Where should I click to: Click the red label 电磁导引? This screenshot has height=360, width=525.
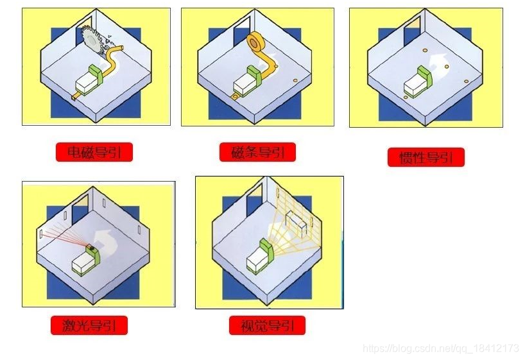pos(94,152)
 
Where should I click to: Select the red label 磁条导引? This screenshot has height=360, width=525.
pos(257,152)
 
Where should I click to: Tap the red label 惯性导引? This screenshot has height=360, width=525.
pos(426,157)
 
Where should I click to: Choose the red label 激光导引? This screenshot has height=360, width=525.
pos(89,325)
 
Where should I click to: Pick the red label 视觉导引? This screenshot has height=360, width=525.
pos(267,325)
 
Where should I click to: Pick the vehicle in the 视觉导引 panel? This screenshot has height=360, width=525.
pos(260,256)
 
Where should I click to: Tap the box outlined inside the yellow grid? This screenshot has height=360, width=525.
pos(296,224)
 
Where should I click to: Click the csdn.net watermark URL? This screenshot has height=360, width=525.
pos(441,348)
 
